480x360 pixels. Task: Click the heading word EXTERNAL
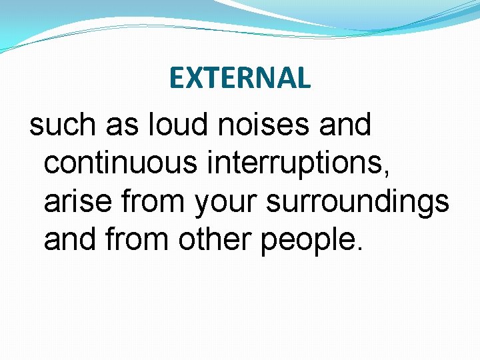[x=240, y=79]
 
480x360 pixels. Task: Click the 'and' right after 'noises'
[x=346, y=125]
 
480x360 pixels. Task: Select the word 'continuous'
[x=121, y=163]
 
